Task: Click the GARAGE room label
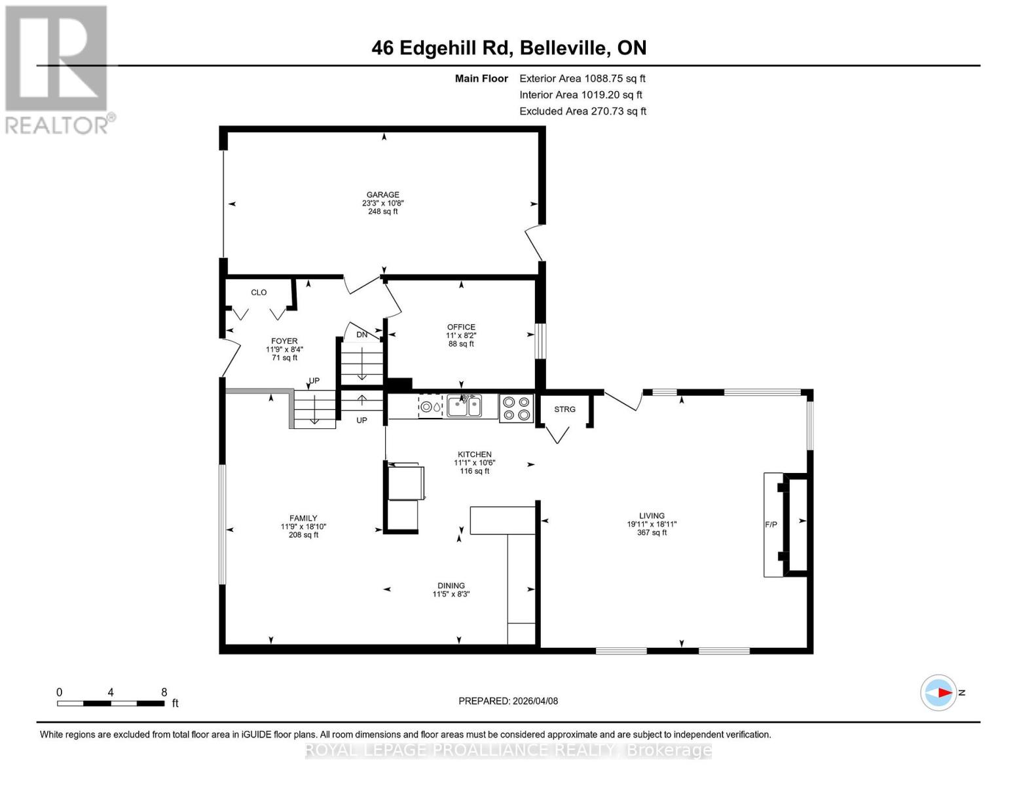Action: [x=382, y=195]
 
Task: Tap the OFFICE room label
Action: [x=461, y=327]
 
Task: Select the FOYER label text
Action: [x=284, y=341]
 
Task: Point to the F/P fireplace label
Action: [x=771, y=525]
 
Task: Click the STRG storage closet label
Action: [x=564, y=409]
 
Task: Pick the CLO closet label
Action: [x=259, y=292]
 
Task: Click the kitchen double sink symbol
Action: [x=464, y=406]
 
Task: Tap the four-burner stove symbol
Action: [x=516, y=408]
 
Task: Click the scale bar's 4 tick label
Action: [x=111, y=692]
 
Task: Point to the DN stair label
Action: [x=361, y=335]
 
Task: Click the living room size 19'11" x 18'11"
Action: [x=652, y=524]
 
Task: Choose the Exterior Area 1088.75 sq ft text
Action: [x=582, y=79]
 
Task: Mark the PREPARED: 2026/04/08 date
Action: [x=508, y=701]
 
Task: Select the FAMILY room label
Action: [x=303, y=518]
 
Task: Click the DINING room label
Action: [x=451, y=586]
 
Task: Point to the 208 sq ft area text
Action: [x=303, y=535]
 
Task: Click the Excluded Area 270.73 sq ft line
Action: [x=583, y=111]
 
